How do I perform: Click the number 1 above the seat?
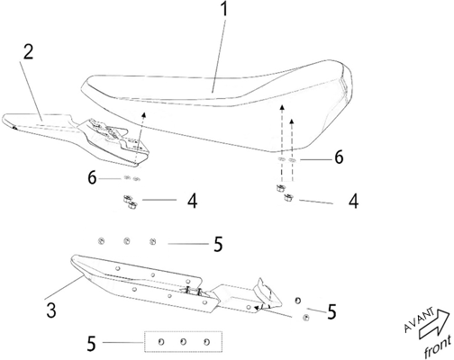tap(224, 9)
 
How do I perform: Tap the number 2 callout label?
tap(28, 52)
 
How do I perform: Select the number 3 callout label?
tap(51, 310)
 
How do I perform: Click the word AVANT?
tap(419, 319)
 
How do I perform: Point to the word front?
tap(438, 347)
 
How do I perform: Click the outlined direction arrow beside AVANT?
tap(435, 325)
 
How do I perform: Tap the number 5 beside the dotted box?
tap(91, 344)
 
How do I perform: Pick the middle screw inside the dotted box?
tap(184, 342)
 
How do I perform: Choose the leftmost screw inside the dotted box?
tap(161, 342)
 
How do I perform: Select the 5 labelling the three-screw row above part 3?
tap(218, 244)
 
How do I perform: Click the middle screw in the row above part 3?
tap(127, 241)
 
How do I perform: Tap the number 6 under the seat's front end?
tap(339, 157)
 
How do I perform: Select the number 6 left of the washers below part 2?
tap(92, 177)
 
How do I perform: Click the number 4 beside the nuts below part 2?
tap(193, 201)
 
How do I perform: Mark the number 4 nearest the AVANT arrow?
tap(354, 201)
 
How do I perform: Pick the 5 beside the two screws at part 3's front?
tap(331, 312)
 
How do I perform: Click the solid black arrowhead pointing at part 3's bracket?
tap(258, 308)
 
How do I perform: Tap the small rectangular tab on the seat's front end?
tap(343, 84)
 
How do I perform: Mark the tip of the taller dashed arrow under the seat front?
tap(281, 105)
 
